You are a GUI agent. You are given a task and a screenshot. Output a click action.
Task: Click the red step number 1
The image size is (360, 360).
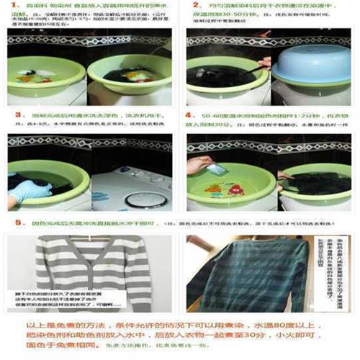tap(11, 6)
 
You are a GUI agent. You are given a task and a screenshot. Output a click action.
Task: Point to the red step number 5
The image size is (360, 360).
tap(12, 223)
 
